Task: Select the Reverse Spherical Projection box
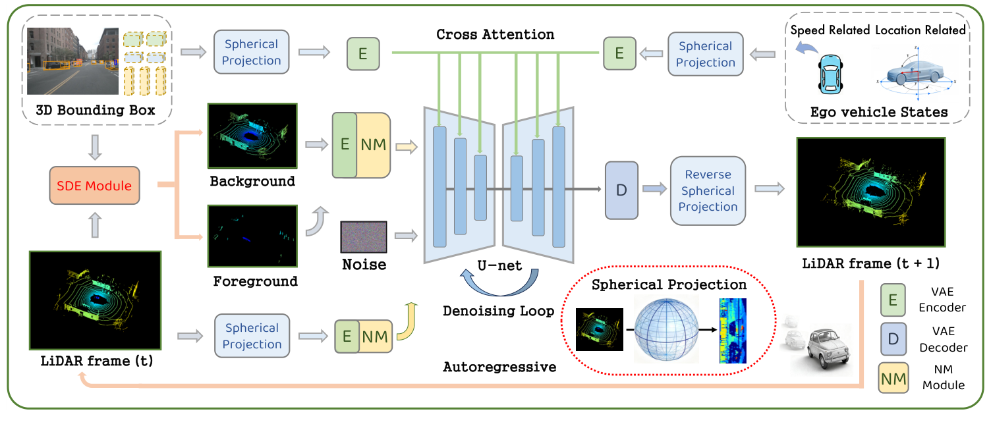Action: coord(708,191)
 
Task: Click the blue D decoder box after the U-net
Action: coord(621,190)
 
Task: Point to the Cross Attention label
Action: coord(495,34)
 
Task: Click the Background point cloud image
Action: coord(252,136)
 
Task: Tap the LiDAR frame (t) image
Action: coord(96,300)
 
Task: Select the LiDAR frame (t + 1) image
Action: coord(870,191)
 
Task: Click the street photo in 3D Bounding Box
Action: coord(72,61)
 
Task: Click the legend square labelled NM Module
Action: coord(893,378)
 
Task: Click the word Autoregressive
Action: coord(499,367)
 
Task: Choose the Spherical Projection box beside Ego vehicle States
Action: coord(706,55)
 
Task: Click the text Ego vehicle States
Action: coord(878,113)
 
